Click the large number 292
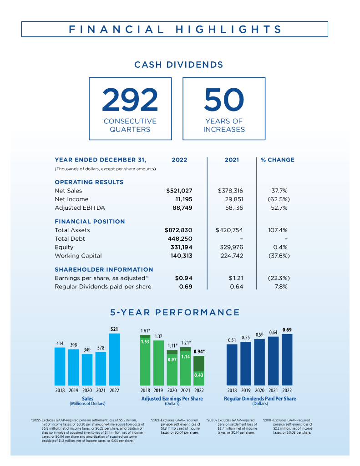tap(130, 100)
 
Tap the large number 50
tap(224, 100)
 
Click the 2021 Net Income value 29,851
tap(232, 199)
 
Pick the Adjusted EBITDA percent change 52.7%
tap(278, 208)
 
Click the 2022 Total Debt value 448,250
tap(180, 239)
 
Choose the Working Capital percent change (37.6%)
tap(278, 256)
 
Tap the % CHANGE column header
tap(278, 160)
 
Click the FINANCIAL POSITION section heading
tap(90, 222)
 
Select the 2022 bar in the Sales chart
tap(114, 360)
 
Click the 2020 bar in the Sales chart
tap(87, 370)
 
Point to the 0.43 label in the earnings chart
tap(199, 375)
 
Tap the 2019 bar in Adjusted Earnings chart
tap(159, 363)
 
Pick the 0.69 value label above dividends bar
tap(287, 329)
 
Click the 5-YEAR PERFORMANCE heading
tap(175, 312)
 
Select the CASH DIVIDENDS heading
tap(179, 65)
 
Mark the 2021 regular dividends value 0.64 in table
tap(237, 287)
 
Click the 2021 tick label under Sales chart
tap(101, 390)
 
